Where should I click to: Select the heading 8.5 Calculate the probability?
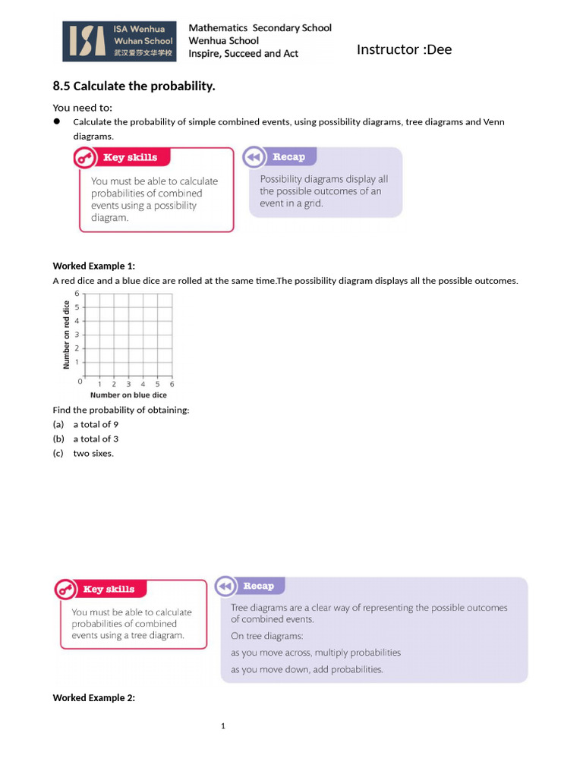pyautogui.click(x=134, y=87)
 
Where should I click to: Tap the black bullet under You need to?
pyautogui.click(x=57, y=121)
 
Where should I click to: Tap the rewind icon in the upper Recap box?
pyautogui.click(x=253, y=157)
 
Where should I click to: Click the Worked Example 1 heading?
pyautogui.click(x=93, y=266)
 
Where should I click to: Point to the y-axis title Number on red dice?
pyautogui.click(x=66, y=335)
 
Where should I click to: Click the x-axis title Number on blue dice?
pyautogui.click(x=128, y=395)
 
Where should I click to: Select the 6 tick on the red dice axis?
pyautogui.click(x=77, y=293)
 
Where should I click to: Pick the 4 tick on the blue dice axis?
pyautogui.click(x=143, y=384)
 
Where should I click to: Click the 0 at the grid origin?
pyautogui.click(x=80, y=382)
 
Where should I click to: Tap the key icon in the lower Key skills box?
pyautogui.click(x=65, y=590)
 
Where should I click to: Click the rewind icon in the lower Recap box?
pyautogui.click(x=225, y=587)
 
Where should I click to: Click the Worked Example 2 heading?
pyautogui.click(x=93, y=698)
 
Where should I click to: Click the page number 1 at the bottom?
pyautogui.click(x=223, y=727)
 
